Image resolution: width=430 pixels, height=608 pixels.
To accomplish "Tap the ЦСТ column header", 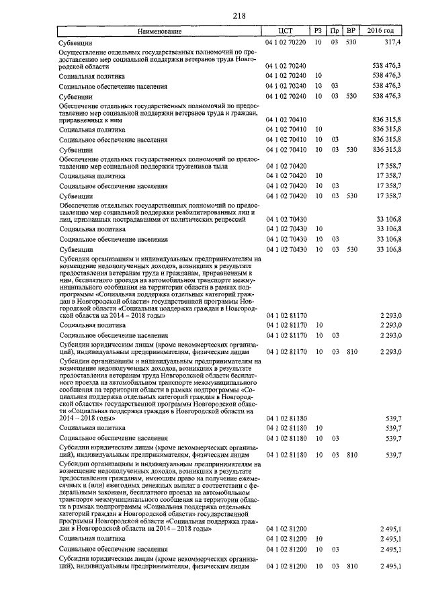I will tap(287, 32).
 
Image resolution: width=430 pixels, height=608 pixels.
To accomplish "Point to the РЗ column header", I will tap(318, 32).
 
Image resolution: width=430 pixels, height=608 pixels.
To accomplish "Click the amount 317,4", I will tap(392, 42).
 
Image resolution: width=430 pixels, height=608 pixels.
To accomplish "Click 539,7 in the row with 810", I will tap(392, 455).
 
